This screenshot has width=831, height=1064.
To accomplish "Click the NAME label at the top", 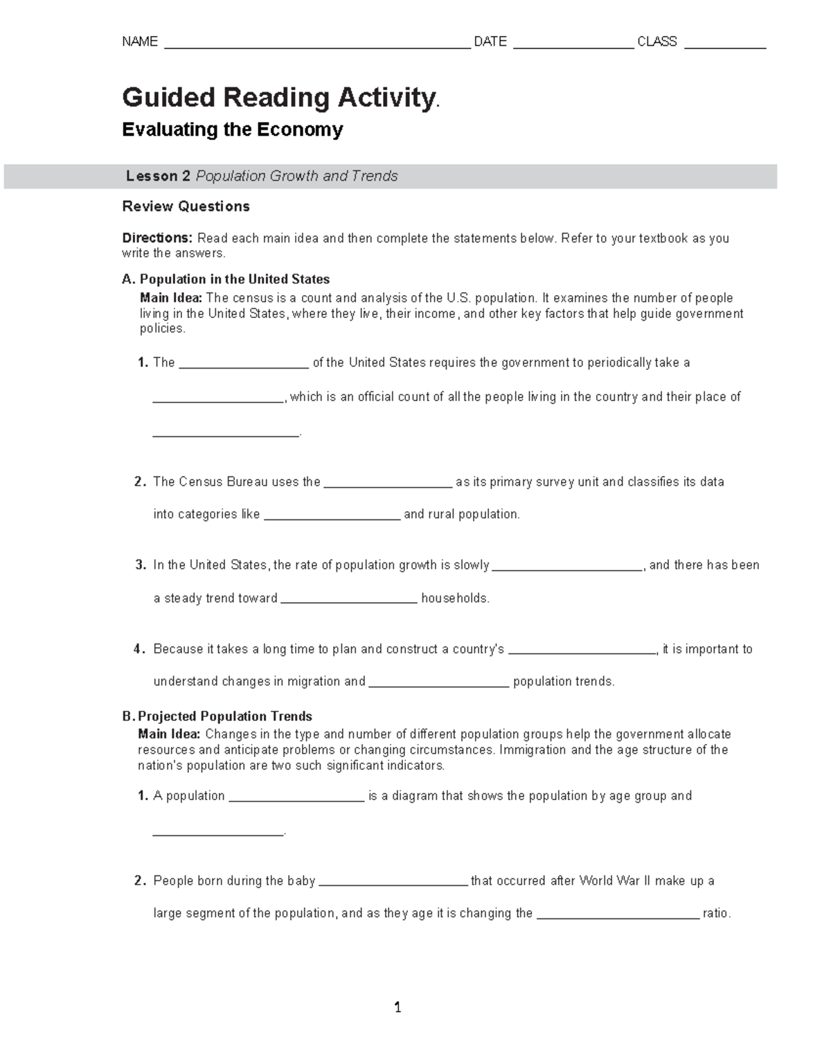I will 140,42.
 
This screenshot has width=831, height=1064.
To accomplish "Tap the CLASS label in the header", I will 656,42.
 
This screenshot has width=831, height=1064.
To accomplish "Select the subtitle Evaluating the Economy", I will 233,130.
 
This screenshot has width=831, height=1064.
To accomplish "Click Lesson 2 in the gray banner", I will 158,177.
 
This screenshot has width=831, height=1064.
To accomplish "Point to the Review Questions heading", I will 186,206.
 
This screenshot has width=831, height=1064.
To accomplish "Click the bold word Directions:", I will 157,238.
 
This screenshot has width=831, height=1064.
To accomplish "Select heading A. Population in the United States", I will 226,279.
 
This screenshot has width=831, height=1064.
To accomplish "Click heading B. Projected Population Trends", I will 217,716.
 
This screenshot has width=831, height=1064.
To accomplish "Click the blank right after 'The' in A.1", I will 244,364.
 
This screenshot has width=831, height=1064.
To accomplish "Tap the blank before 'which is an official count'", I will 218,399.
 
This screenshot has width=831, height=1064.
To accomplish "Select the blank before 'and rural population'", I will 332,516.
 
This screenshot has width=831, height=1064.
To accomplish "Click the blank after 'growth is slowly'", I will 567,567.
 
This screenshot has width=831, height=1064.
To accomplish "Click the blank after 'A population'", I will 296,798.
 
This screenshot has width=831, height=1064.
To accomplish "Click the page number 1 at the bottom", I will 397,1008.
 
